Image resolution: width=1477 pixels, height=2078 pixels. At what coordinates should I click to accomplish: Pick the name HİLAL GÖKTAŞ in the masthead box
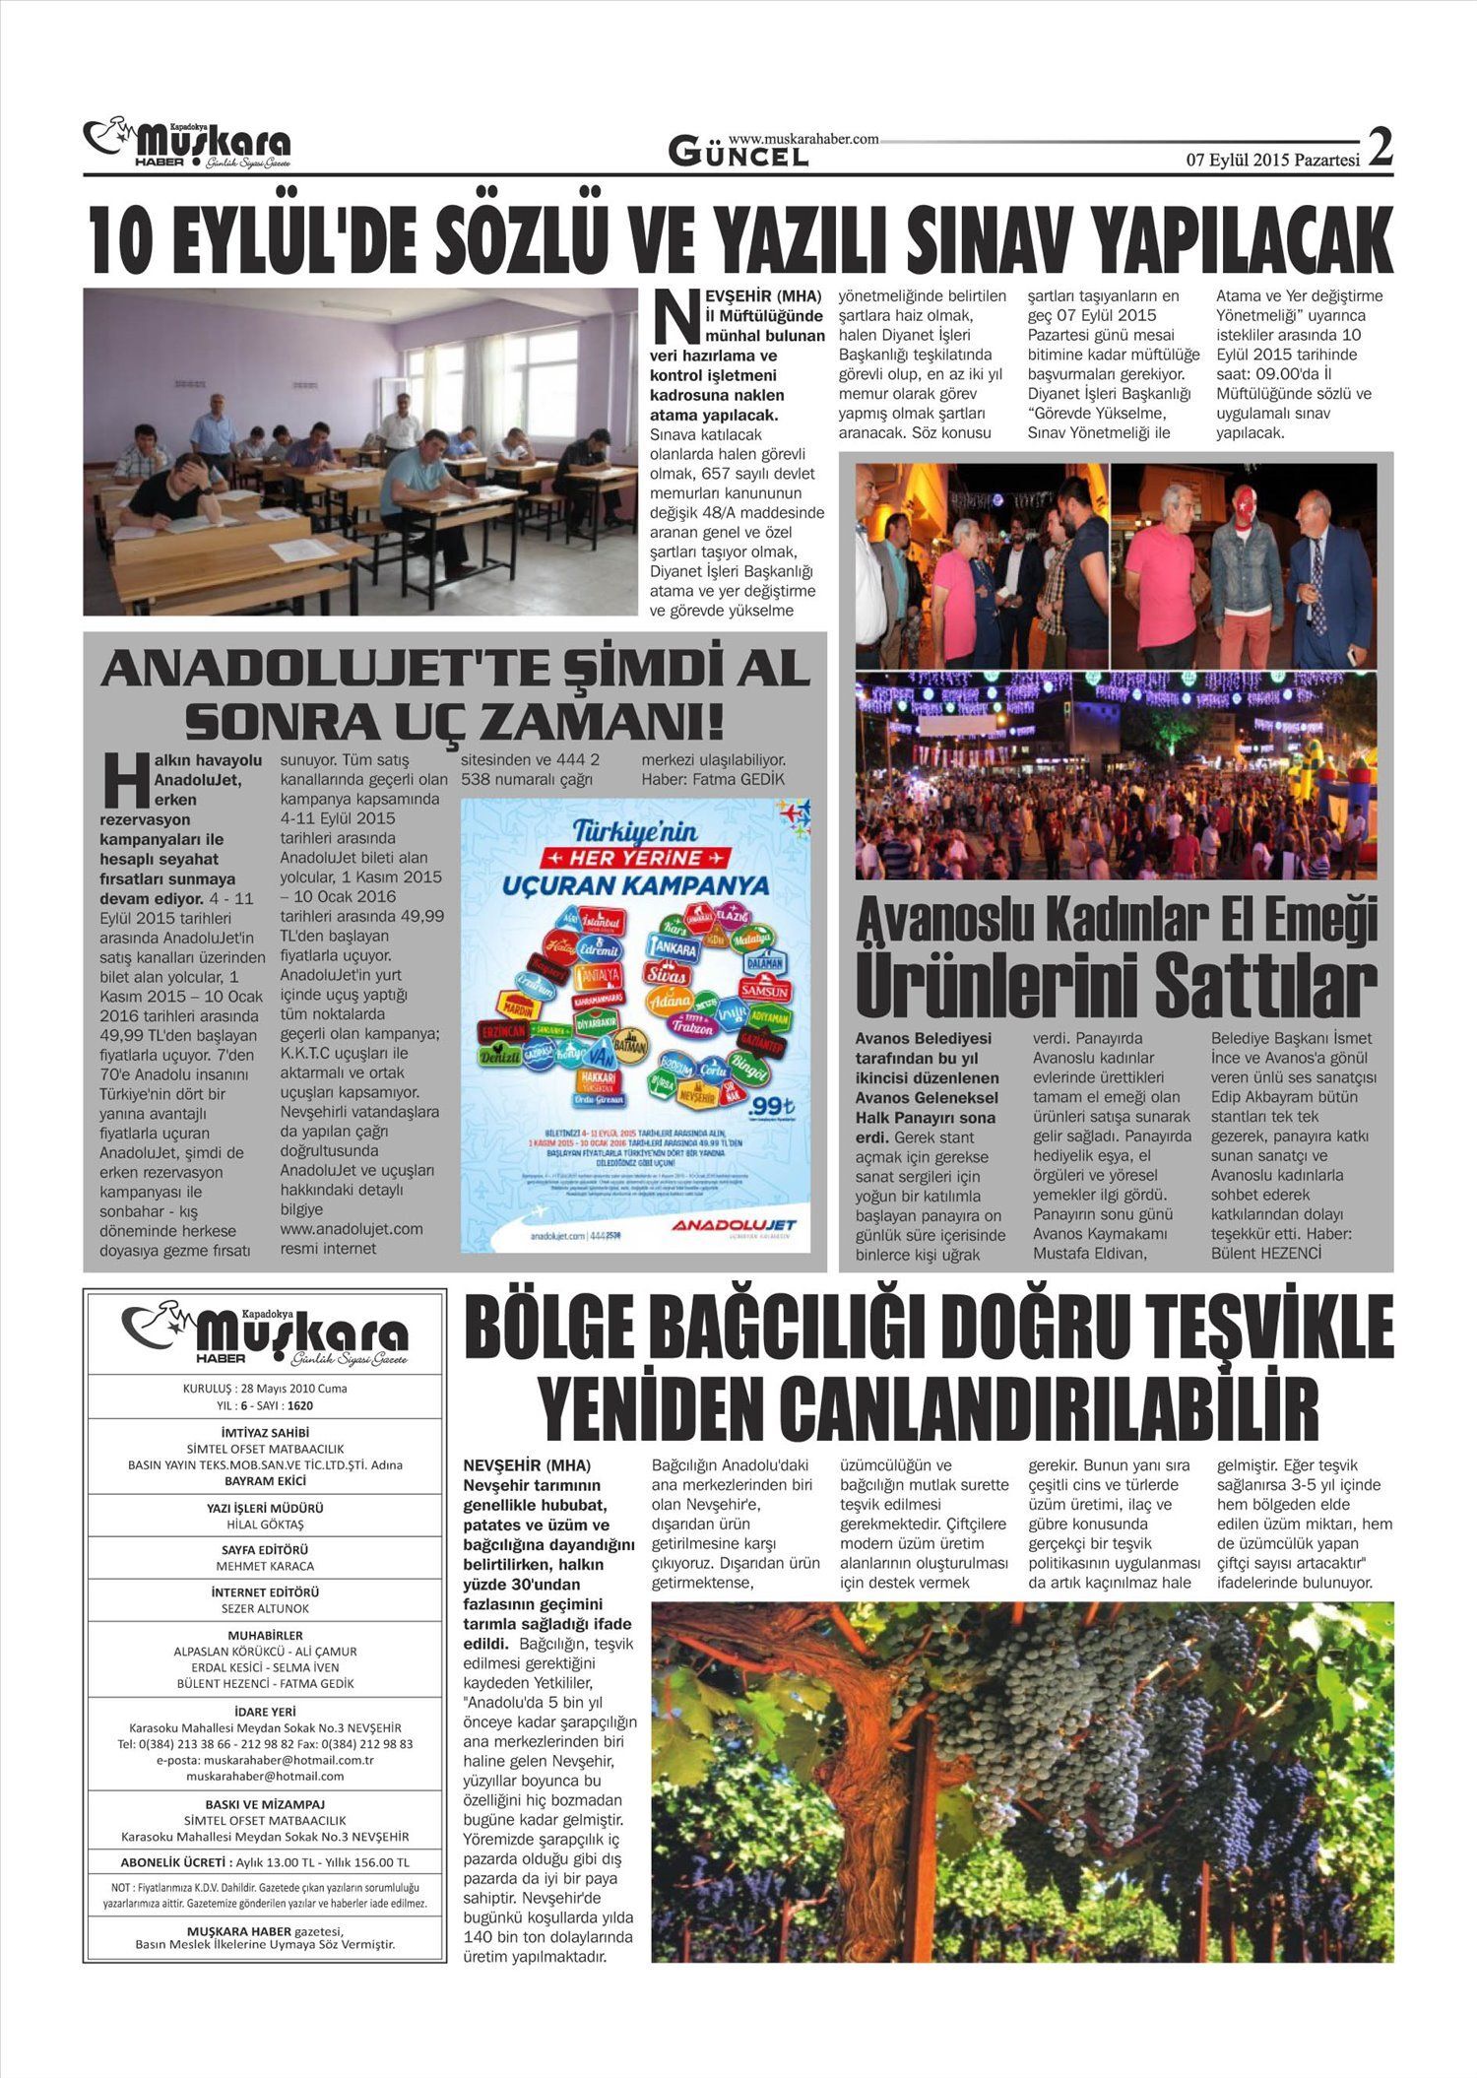click(x=265, y=1525)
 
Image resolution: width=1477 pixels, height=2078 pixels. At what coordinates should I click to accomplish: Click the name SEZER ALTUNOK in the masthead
click(x=265, y=1608)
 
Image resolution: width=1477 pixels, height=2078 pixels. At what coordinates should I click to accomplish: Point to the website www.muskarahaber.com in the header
click(x=803, y=140)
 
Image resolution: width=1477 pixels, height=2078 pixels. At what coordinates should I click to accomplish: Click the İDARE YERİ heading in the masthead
click(x=265, y=1712)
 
